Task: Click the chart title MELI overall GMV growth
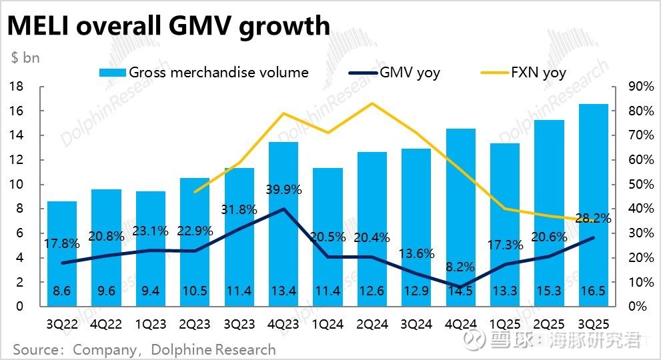(168, 26)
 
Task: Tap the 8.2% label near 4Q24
(460, 267)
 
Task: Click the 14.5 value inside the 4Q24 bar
(460, 291)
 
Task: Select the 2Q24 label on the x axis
(372, 325)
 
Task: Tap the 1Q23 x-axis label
(151, 325)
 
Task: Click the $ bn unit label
(25, 57)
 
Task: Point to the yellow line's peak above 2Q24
(372, 103)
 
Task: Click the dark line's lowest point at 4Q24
(460, 287)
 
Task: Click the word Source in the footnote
(35, 349)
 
